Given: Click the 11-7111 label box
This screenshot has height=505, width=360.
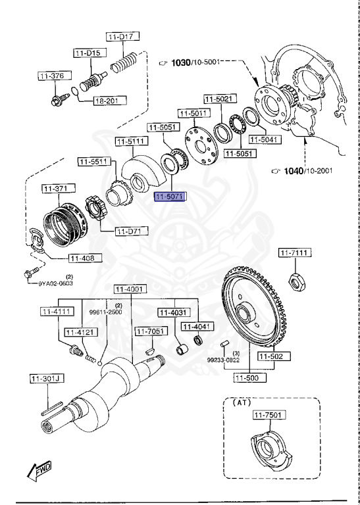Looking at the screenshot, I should [x=295, y=253].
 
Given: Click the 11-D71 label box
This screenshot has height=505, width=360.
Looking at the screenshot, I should [x=132, y=231].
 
